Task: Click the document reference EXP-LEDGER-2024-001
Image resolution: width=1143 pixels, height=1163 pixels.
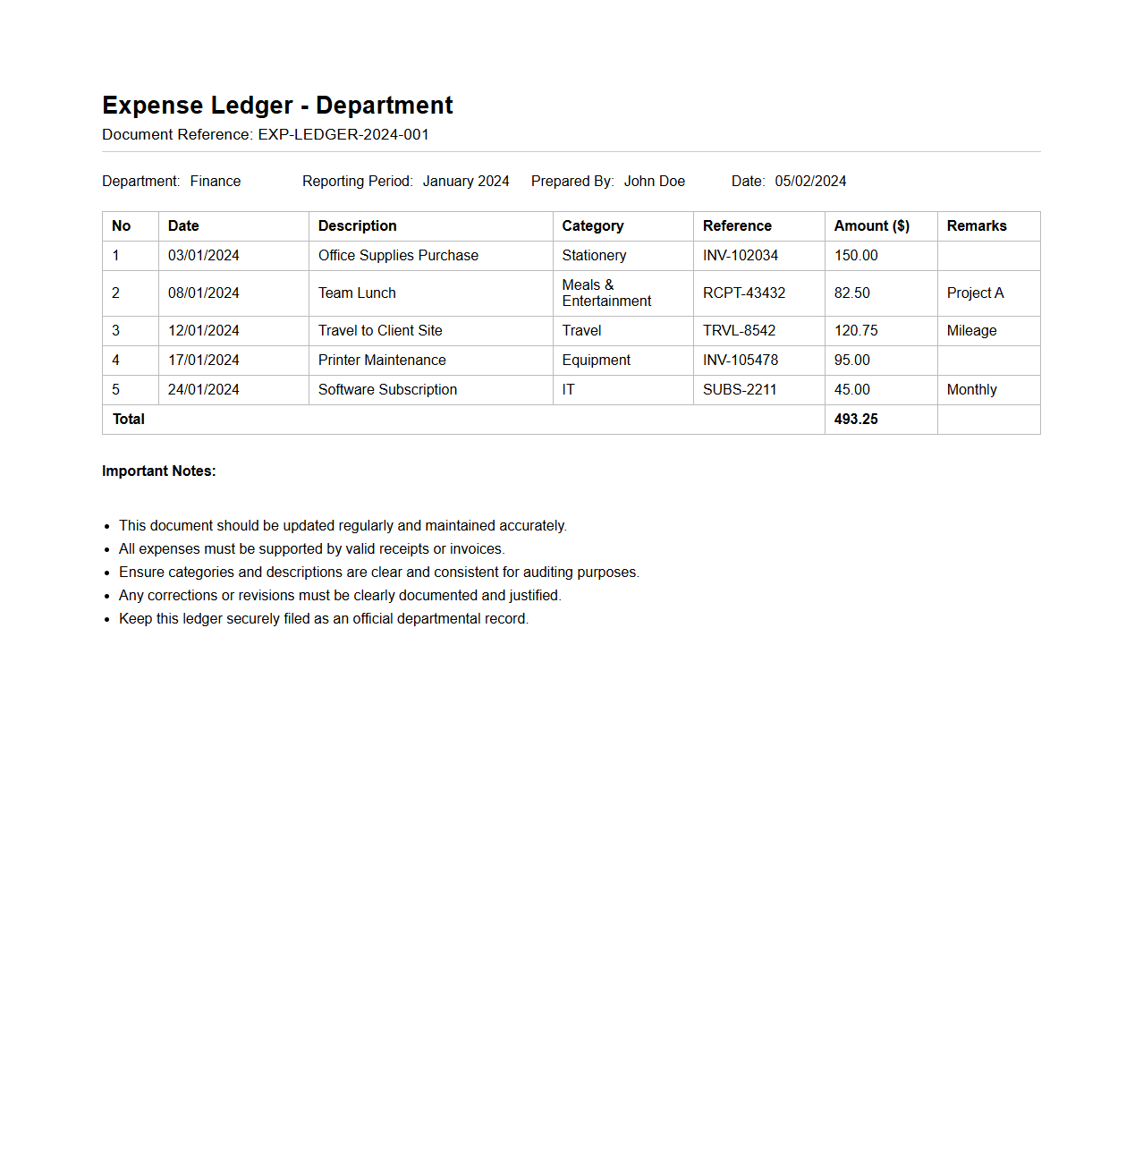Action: pos(343,135)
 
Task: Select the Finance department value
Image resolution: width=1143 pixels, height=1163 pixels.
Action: pos(216,182)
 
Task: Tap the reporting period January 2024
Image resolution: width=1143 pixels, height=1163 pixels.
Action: pos(466,182)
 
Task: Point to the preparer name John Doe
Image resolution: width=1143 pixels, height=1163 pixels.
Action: pos(655,182)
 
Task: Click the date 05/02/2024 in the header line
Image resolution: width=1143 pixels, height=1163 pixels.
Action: pos(810,182)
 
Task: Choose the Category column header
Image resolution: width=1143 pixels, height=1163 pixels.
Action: pos(593,226)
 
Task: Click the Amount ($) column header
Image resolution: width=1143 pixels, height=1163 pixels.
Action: pos(872,226)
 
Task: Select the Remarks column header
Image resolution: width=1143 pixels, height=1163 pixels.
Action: pos(977,226)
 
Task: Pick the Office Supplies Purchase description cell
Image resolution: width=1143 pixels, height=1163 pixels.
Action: pos(398,256)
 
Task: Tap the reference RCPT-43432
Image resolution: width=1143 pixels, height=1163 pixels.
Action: pos(744,293)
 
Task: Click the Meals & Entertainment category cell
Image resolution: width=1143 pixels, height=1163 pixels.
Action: pos(606,293)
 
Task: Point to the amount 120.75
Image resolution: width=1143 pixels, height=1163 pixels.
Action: pos(856,331)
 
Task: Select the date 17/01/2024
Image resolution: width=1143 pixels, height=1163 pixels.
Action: pos(204,361)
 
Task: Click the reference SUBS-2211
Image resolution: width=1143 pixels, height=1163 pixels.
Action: pos(740,390)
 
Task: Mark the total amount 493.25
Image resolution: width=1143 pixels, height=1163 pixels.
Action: pos(856,420)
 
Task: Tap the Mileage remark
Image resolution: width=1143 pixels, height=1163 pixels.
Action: pos(971,331)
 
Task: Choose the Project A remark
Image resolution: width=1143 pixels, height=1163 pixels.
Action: pos(975,293)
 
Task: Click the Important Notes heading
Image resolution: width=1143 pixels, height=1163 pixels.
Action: pos(159,471)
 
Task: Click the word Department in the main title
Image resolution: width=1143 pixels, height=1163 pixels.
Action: pos(385,106)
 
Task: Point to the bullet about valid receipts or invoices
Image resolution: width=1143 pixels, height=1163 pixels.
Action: pos(311,549)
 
